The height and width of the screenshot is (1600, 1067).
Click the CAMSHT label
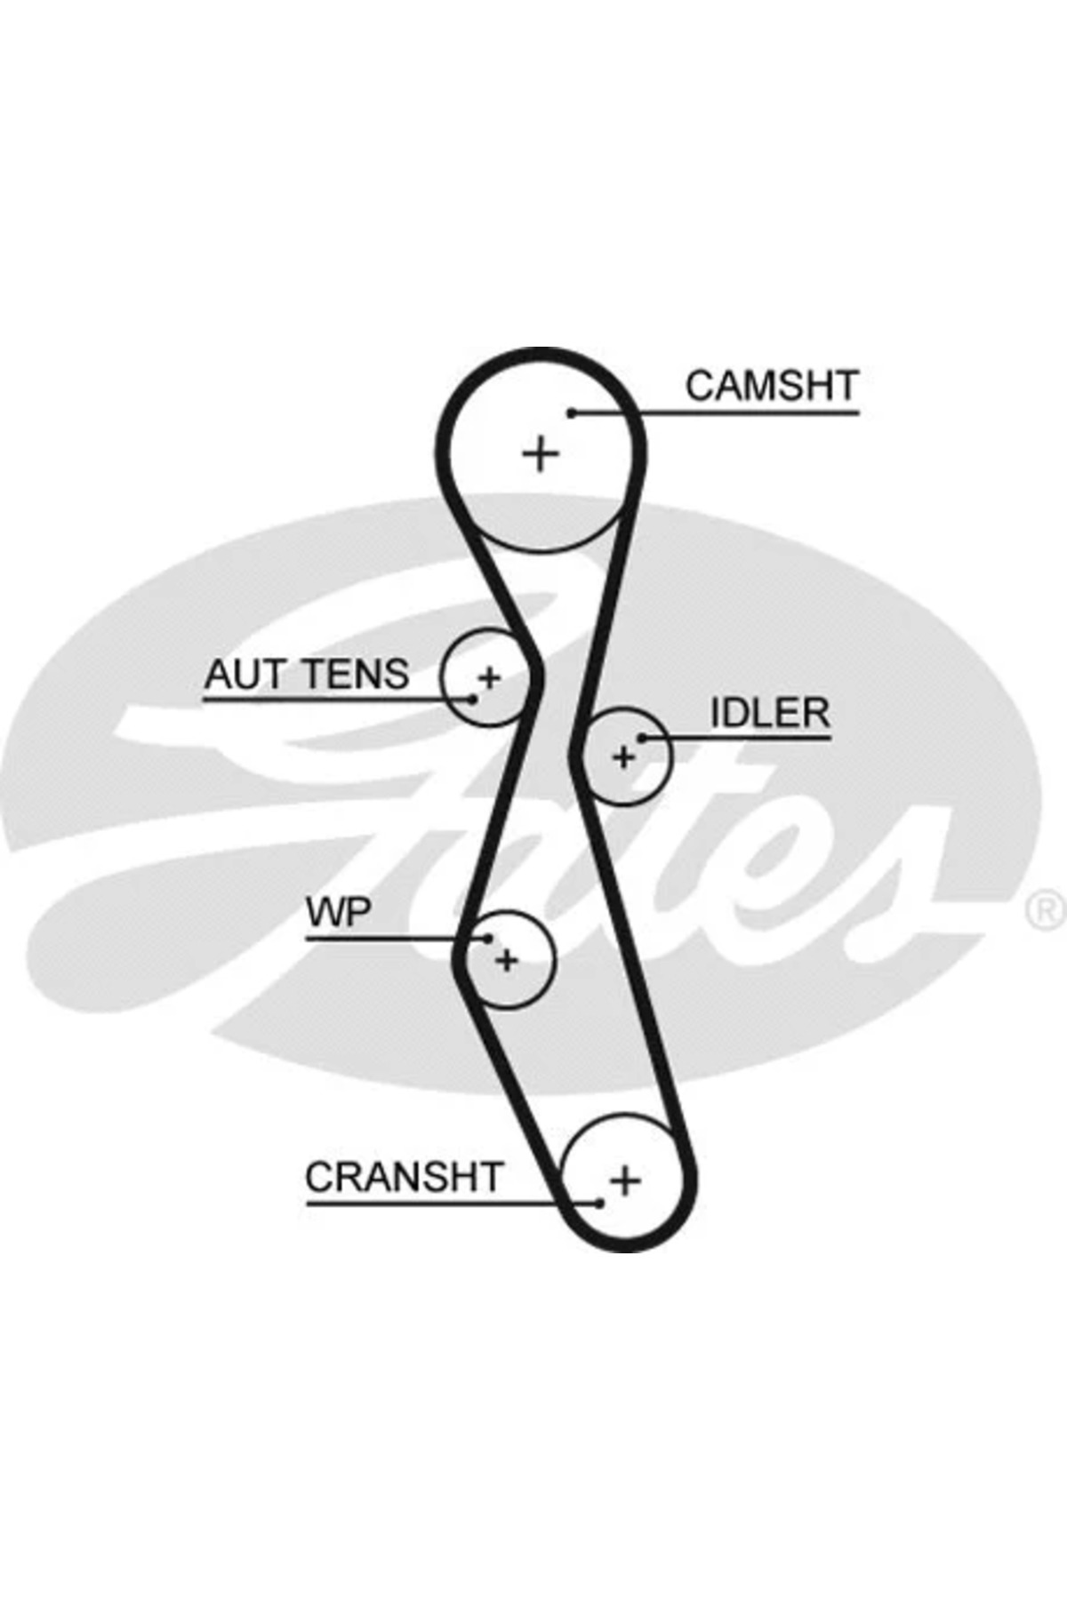click(x=771, y=386)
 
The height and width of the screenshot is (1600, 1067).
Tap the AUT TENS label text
click(x=307, y=675)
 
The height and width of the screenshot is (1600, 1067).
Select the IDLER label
click(x=769, y=713)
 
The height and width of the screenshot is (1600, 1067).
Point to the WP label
click(x=338, y=912)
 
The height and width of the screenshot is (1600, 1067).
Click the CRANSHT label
click(x=405, y=1178)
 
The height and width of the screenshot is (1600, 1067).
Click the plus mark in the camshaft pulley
click(x=540, y=454)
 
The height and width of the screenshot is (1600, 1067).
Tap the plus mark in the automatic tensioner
click(x=490, y=679)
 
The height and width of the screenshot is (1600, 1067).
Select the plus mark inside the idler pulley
click(x=624, y=757)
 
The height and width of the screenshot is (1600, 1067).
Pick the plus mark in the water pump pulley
click(x=507, y=960)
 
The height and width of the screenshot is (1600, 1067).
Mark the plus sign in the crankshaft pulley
click(x=625, y=1180)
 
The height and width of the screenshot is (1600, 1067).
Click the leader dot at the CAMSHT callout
click(x=573, y=412)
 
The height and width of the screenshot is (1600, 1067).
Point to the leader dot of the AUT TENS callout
click(x=473, y=700)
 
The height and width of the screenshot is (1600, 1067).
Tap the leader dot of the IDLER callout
click(x=642, y=738)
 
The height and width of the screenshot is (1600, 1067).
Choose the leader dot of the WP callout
click(x=488, y=938)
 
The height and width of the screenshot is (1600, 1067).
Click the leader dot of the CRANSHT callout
click(x=600, y=1204)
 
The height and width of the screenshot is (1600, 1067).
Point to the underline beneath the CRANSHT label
click(x=427, y=1204)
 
